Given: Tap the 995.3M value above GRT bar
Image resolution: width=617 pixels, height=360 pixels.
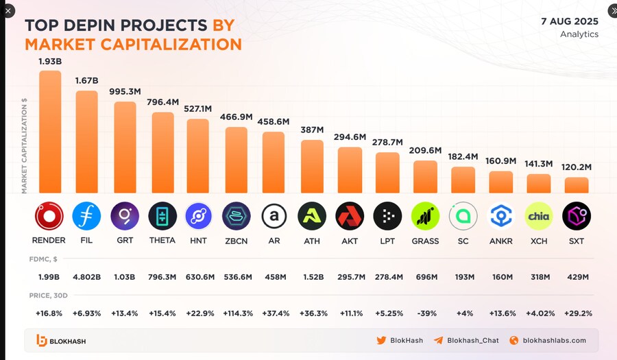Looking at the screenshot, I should point(125,91).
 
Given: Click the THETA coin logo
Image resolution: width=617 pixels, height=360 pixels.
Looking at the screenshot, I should point(162,216).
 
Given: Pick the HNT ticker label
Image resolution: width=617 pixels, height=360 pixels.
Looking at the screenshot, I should point(198,240).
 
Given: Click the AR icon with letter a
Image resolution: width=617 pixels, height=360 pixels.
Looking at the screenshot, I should point(274,216).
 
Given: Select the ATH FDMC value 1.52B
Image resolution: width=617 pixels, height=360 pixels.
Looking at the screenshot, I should point(311,277).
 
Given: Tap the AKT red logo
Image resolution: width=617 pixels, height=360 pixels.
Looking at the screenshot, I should point(350,216).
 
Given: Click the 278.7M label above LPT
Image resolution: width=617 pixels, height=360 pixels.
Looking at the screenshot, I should point(387,142).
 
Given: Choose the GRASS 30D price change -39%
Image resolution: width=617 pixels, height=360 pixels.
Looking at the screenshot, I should point(426,313).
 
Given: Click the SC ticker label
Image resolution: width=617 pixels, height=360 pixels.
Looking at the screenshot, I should point(463,240).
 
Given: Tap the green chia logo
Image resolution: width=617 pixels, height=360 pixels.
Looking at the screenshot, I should point(538,216).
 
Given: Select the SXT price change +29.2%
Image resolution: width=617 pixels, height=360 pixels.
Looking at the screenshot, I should point(577,313).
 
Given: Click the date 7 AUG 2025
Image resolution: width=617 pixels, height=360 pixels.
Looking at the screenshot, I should point(569,21).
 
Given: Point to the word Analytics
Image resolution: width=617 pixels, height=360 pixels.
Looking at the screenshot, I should point(579,34).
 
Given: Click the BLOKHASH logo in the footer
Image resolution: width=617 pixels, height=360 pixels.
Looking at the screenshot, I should point(61,340).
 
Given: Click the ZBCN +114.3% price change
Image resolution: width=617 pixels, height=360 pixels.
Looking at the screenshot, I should point(237,313).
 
